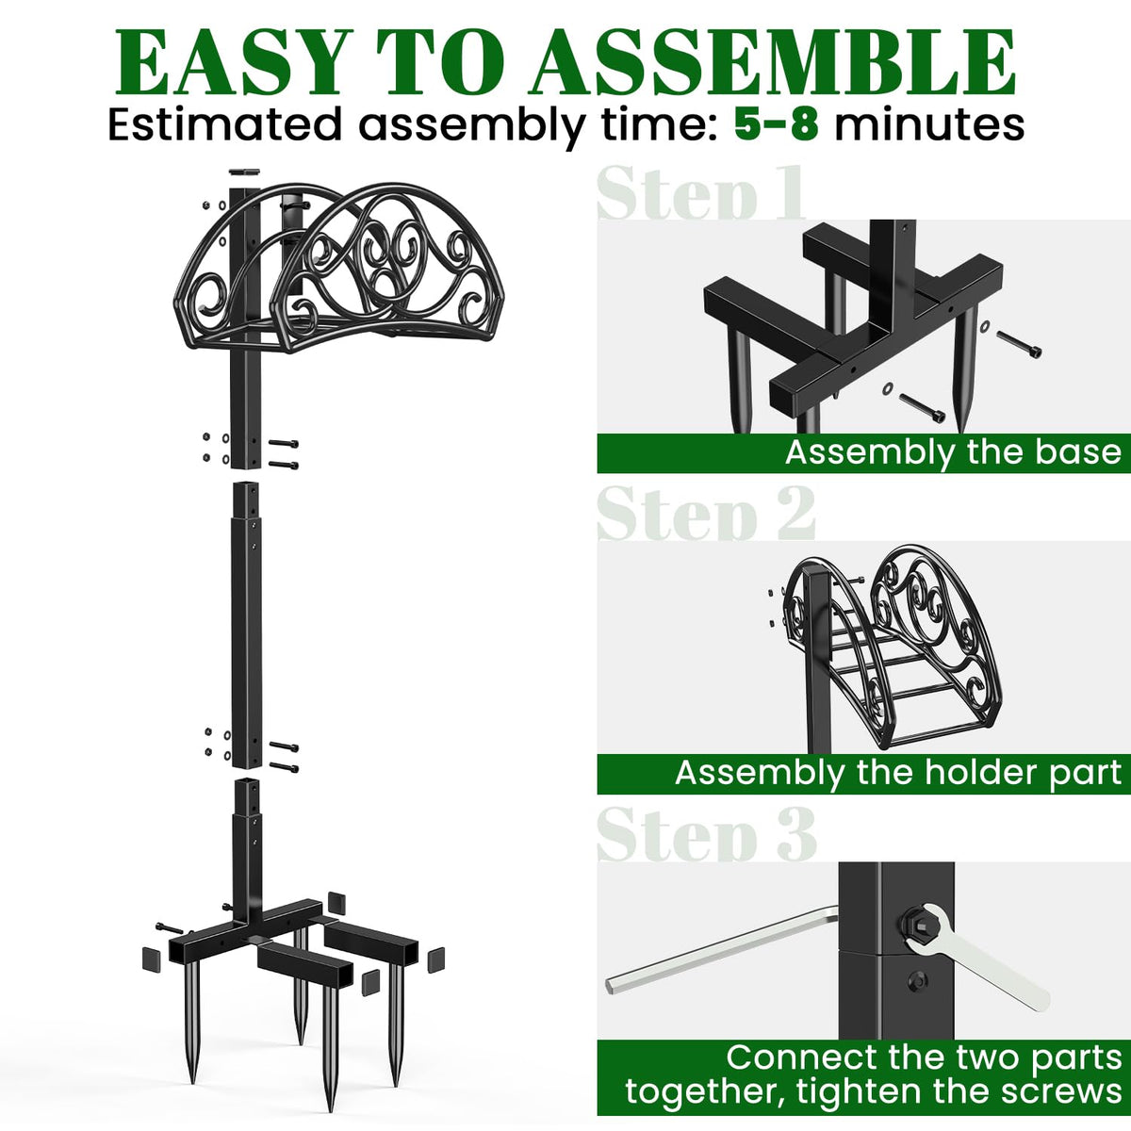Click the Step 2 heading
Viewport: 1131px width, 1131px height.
point(706,514)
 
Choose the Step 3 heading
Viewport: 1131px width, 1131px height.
point(706,834)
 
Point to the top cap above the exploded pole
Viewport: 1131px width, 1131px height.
point(243,172)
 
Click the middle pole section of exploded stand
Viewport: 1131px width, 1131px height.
point(246,624)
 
